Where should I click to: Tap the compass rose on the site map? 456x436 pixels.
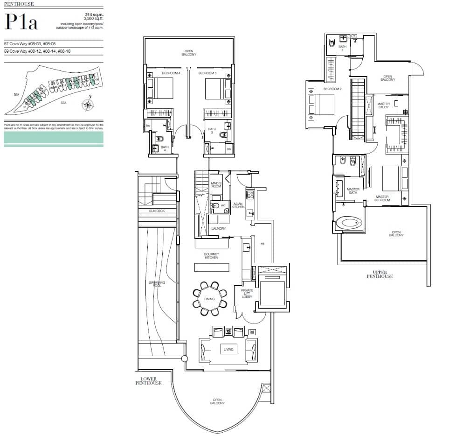88,105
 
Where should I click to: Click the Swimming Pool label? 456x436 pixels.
155,284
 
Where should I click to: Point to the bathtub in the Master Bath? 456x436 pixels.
349,223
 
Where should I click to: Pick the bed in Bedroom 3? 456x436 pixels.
216,89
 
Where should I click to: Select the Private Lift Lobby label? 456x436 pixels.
247,294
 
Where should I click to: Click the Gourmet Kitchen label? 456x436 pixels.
211,256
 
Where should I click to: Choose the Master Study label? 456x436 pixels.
383,105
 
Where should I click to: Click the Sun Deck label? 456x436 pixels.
157,211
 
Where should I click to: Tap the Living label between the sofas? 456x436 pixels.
228,349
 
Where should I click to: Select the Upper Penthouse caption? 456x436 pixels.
383,274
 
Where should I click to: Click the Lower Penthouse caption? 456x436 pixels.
148,381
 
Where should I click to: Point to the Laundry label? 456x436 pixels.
218,229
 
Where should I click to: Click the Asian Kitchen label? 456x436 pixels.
238,205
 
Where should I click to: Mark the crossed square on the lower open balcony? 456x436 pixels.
266,388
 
